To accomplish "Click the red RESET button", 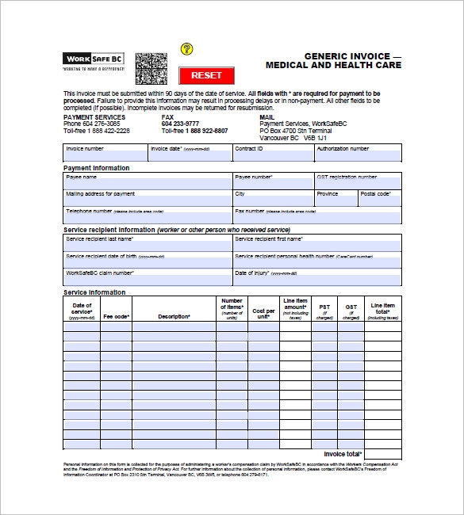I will pyautogui.click(x=206, y=75).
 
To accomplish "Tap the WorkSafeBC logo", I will pyautogui.click(x=94, y=59).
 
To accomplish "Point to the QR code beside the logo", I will pyautogui.click(x=151, y=69).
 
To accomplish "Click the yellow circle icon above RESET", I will pyautogui.click(x=187, y=49).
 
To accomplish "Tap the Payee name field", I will pyautogui.click(x=148, y=181).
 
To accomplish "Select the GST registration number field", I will pyautogui.click(x=358, y=181).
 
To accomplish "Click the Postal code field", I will pyautogui.click(x=379, y=198).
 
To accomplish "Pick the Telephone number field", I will pyautogui.click(x=148, y=216).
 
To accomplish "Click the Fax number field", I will pyautogui.click(x=317, y=216).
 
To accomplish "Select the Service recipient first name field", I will pyautogui.click(x=317, y=243).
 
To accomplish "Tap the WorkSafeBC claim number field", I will pyautogui.click(x=148, y=277).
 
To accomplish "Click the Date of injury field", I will pyautogui.click(x=317, y=277).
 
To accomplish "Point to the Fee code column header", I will pyautogui.click(x=116, y=316).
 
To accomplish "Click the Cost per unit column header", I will pyautogui.click(x=263, y=311).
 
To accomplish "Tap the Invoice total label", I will pyautogui.click(x=343, y=454).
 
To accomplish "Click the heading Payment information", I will pyautogui.click(x=96, y=168).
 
